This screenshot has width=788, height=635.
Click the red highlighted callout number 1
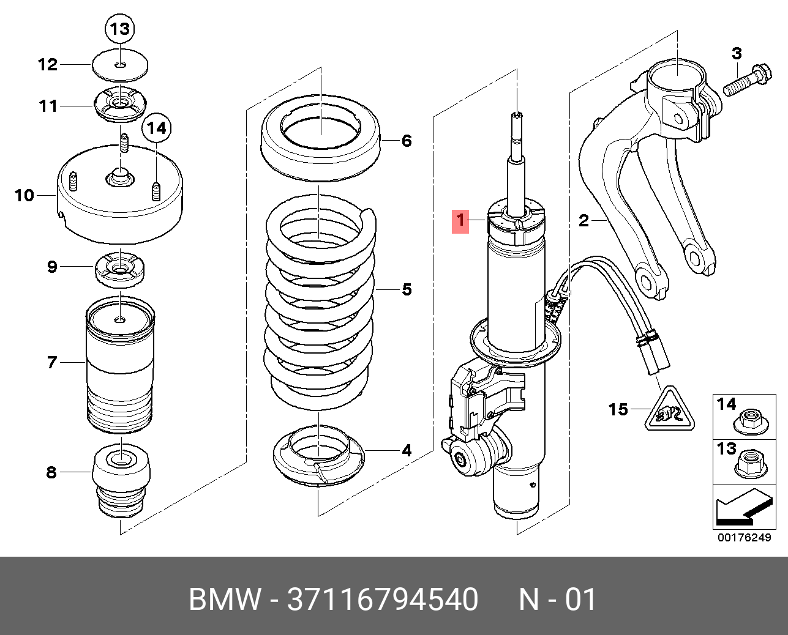tap(460, 221)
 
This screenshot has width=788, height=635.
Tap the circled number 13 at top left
tap(120, 29)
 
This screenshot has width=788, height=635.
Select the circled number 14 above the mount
tap(157, 128)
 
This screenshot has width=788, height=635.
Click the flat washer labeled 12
tap(120, 65)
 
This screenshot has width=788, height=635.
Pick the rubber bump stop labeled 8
tap(121, 480)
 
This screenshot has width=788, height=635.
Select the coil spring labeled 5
tap(320, 300)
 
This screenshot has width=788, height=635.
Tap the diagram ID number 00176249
tap(744, 538)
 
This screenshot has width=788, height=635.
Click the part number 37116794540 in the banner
tap(383, 600)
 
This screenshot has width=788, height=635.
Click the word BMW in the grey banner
tap(224, 600)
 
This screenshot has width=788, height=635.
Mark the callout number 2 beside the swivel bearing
tap(583, 220)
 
